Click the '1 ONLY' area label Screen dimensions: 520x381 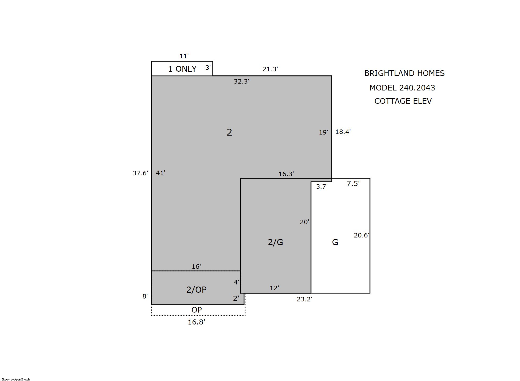(x=182, y=69)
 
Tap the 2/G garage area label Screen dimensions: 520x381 (x=275, y=242)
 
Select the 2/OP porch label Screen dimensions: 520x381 (x=196, y=289)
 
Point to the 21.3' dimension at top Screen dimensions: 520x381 (x=270, y=69)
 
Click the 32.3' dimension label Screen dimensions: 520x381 (x=241, y=81)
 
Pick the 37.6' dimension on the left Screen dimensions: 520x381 (x=140, y=173)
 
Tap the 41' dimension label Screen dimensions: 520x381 (x=160, y=173)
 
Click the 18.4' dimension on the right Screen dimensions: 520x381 (x=343, y=132)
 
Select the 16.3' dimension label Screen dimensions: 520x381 (x=286, y=174)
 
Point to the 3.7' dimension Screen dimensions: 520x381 (x=322, y=187)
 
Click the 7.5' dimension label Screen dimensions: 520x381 (x=353, y=183)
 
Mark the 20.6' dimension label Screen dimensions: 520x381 (x=361, y=235)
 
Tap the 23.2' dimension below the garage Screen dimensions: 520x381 (x=304, y=299)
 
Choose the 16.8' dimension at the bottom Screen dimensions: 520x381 (x=196, y=322)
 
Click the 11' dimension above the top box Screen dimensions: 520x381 (x=184, y=56)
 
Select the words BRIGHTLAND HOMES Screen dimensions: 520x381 (x=404, y=73)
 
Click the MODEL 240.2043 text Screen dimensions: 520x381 (x=402, y=88)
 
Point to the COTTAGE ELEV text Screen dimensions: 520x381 (x=403, y=101)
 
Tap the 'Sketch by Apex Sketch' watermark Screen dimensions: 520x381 (x=16, y=379)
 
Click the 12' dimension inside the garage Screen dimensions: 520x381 (x=274, y=288)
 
